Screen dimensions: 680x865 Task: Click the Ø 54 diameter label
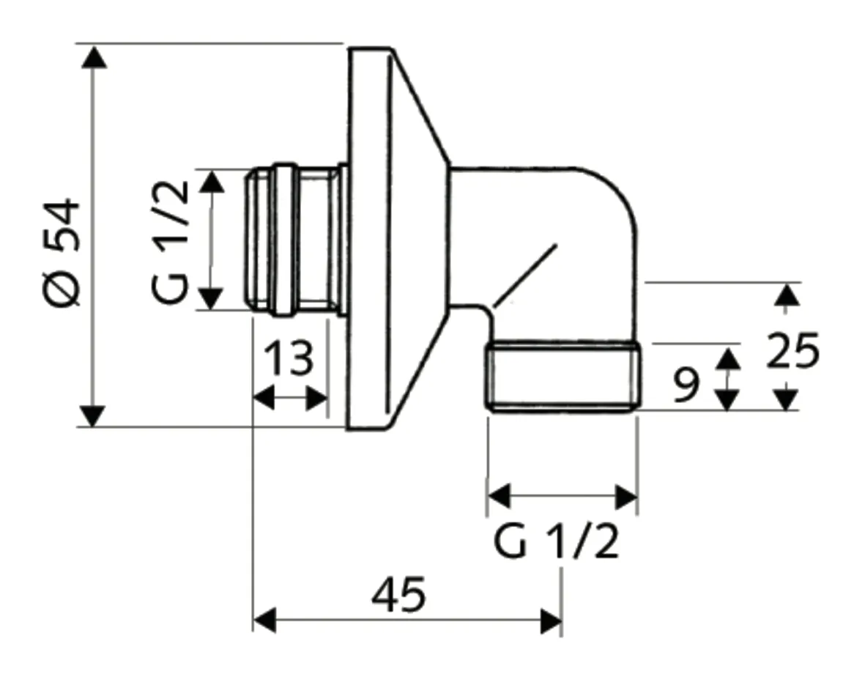[x=62, y=251]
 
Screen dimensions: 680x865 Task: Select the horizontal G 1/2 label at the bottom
[x=557, y=542]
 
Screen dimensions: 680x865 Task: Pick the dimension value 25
[x=792, y=352]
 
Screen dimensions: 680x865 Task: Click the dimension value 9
[x=686, y=384]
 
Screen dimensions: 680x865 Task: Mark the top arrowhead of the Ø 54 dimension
[x=92, y=56]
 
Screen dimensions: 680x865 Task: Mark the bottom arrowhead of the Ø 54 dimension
[x=92, y=415]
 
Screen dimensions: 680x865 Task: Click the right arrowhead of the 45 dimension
[x=551, y=620]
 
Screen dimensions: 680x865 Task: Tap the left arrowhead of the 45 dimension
[x=264, y=620]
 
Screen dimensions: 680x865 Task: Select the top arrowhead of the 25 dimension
[x=785, y=295]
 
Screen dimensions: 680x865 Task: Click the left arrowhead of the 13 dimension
[x=263, y=399]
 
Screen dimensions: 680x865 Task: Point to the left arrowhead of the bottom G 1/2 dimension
[x=499, y=496]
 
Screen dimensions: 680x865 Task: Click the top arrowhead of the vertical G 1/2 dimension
[x=212, y=181]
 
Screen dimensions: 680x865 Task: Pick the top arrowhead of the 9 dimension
[x=726, y=358]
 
